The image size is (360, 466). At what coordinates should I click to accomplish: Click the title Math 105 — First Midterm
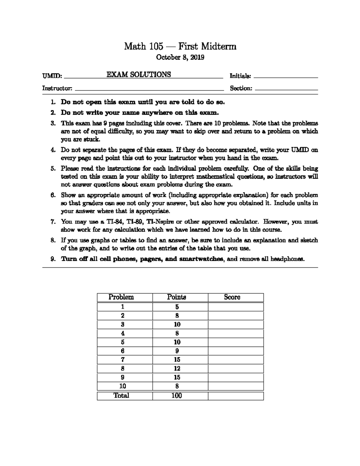pyautogui.click(x=180, y=46)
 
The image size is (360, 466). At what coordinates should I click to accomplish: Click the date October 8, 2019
pyautogui.click(x=180, y=57)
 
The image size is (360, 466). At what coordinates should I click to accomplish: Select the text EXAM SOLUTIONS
pyautogui.click(x=139, y=75)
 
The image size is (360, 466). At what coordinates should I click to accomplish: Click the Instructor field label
pyautogui.click(x=57, y=88)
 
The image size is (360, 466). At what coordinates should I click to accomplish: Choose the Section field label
pyautogui.click(x=241, y=88)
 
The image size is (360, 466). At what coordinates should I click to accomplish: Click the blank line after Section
pyautogui.click(x=286, y=89)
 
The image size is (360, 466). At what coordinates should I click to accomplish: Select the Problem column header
pyautogui.click(x=121, y=297)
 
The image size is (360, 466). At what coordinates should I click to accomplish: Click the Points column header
pyautogui.click(x=177, y=297)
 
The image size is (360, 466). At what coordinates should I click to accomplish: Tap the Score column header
pyautogui.click(x=232, y=297)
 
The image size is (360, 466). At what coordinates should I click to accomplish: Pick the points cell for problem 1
pyautogui.click(x=177, y=307)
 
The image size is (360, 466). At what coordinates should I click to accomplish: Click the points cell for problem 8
pyautogui.click(x=177, y=368)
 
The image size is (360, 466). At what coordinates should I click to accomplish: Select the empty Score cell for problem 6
pyautogui.click(x=235, y=351)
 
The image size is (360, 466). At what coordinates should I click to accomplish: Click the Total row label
pyautogui.click(x=121, y=395)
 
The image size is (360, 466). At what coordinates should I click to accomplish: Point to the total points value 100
pyautogui.click(x=177, y=395)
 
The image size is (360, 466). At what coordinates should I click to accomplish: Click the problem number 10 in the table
pyautogui.click(x=123, y=386)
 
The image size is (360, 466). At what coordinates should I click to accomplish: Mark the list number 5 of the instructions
pyautogui.click(x=53, y=169)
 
